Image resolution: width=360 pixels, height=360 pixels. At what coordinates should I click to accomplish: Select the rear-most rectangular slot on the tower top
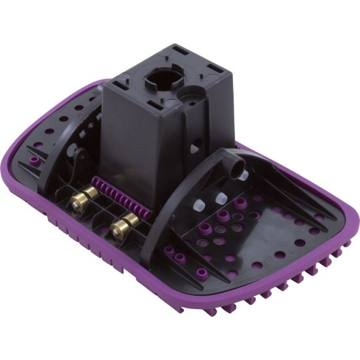[177, 50]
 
